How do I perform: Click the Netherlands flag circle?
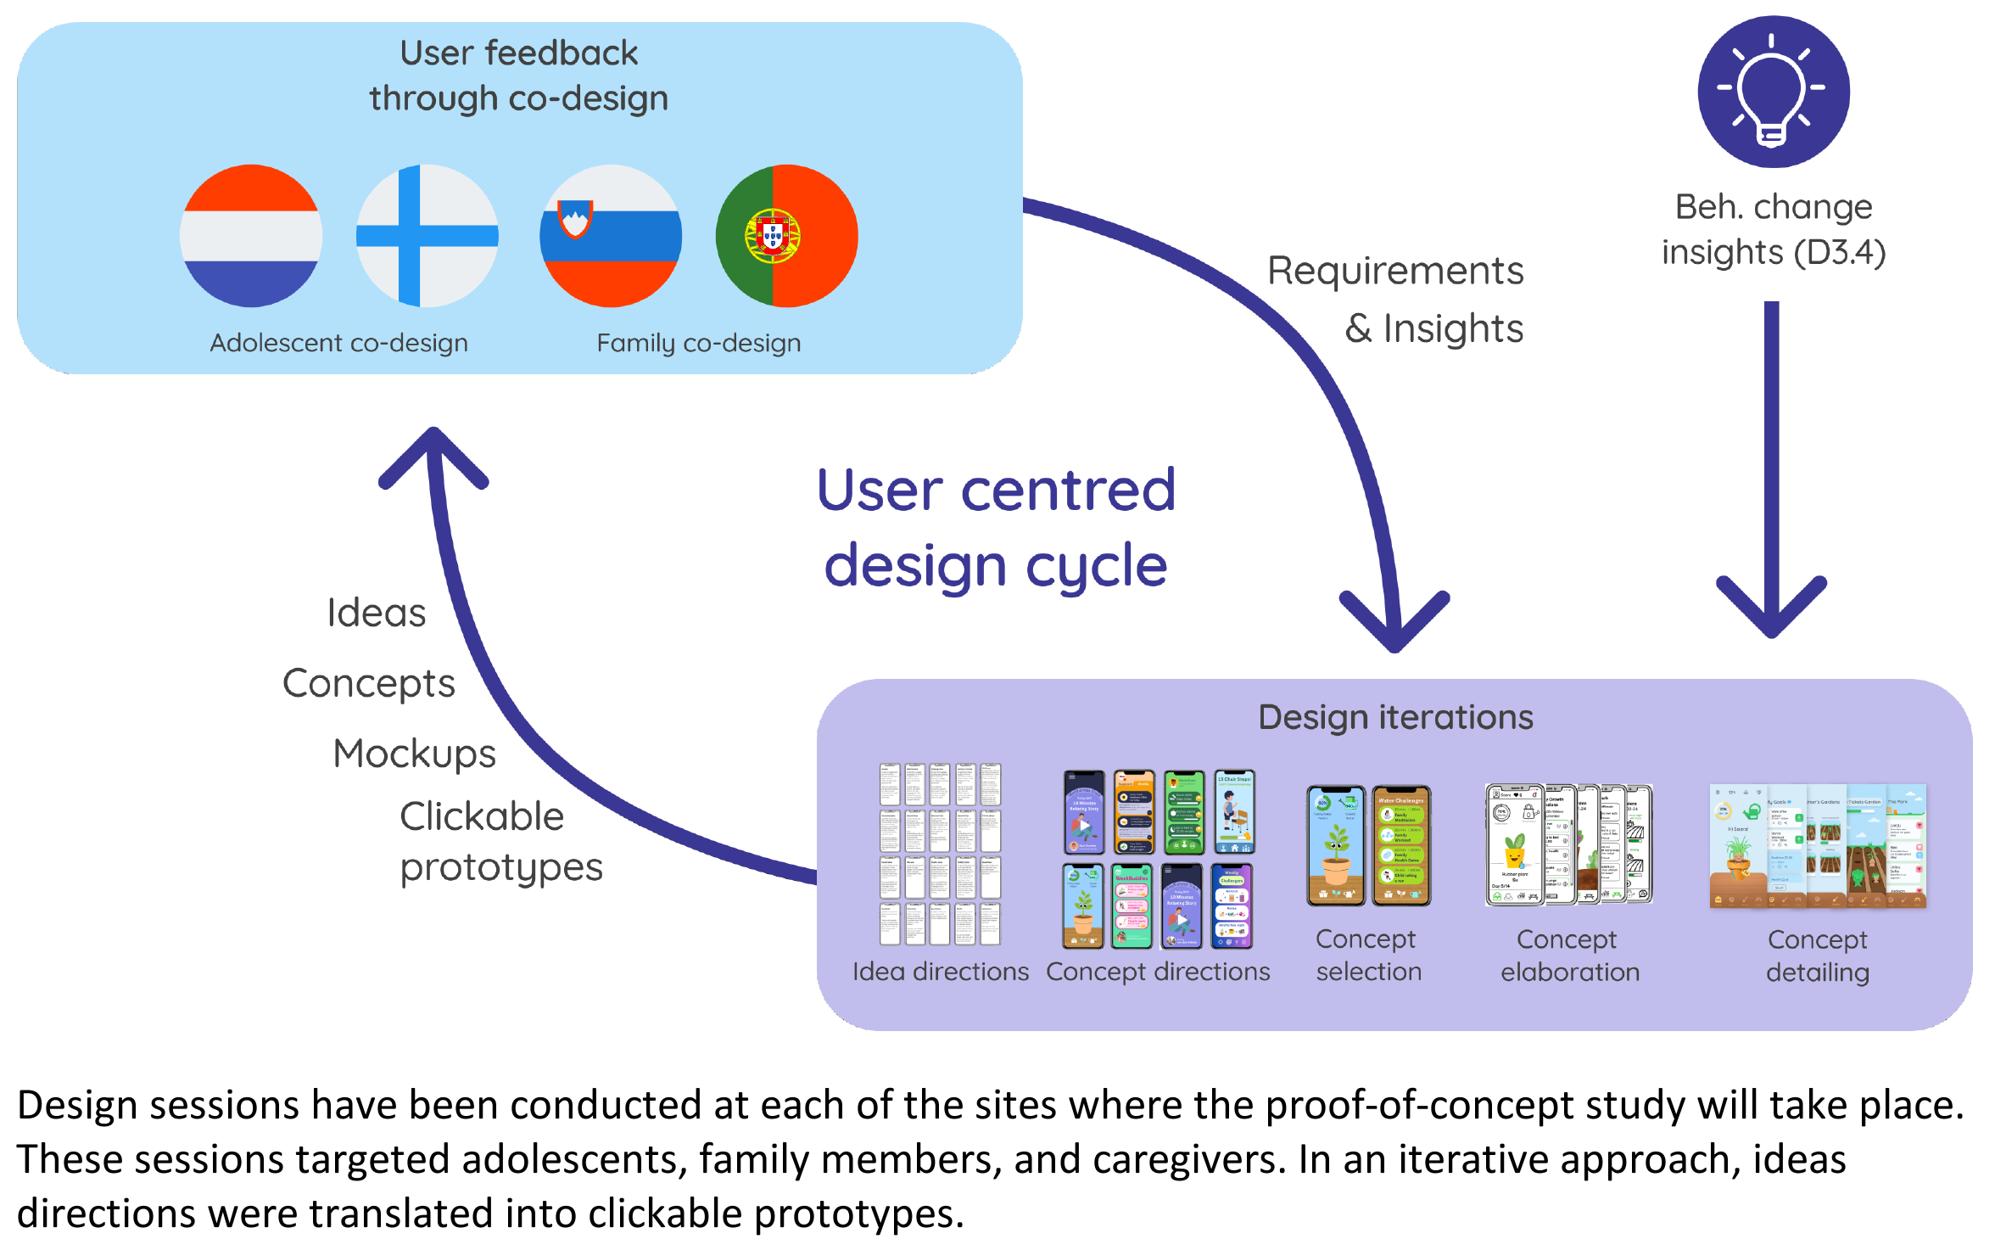(251, 236)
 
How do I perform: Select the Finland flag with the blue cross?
(427, 236)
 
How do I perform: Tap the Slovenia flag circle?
(611, 236)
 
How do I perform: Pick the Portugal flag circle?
(786, 236)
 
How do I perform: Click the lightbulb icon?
(1773, 92)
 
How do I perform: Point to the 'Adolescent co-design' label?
(338, 343)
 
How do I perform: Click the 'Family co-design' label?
(698, 343)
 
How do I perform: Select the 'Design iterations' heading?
(1395, 717)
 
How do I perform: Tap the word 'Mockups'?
(414, 754)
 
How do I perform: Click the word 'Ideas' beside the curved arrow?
(376, 613)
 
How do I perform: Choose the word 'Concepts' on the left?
(368, 683)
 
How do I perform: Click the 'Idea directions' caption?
(940, 971)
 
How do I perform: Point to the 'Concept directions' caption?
(1158, 971)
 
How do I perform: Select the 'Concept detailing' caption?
(1817, 956)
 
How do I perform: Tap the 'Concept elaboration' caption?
(1569, 956)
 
